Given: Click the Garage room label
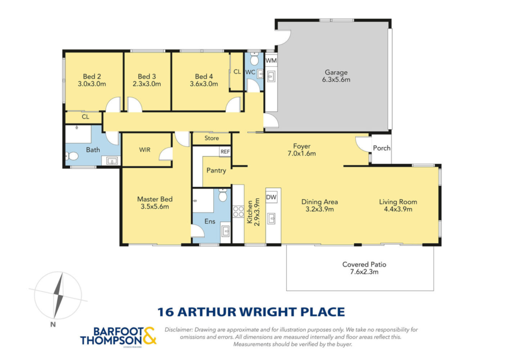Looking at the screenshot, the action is [336, 73].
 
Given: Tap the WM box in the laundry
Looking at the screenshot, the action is [271, 61].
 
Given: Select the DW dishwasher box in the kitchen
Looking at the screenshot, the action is [271, 197].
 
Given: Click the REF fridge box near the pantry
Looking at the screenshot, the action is [225, 152].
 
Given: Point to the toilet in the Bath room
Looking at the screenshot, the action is [72, 157].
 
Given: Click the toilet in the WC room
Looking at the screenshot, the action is [254, 59].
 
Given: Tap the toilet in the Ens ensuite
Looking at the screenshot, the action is [223, 195].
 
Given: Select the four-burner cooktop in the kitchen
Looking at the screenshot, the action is [238, 212].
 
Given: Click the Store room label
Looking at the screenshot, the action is [212, 138].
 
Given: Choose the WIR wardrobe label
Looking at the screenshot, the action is [145, 150].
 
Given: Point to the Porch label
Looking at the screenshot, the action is [382, 148].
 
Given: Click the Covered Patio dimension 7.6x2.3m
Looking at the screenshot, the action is [364, 272].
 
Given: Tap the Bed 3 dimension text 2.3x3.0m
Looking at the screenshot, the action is [147, 84].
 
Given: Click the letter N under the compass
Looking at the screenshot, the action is [53, 324].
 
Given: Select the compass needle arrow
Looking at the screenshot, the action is [58, 296].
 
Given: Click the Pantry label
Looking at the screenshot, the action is [216, 171].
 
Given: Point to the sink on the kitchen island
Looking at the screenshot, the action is [271, 219].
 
